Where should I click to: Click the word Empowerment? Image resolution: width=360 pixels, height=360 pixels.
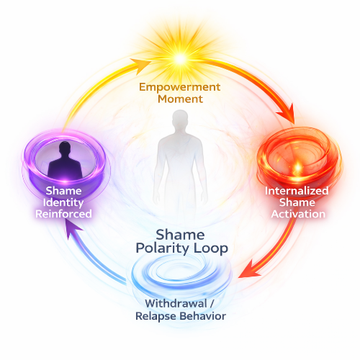(179, 87)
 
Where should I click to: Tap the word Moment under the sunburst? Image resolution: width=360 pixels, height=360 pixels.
(180, 99)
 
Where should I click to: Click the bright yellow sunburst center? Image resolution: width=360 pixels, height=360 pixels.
(180, 58)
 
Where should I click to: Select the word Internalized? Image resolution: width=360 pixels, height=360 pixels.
(297, 191)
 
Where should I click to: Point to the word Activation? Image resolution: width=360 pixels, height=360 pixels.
(298, 214)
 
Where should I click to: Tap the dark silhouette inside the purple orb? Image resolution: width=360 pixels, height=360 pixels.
(65, 160)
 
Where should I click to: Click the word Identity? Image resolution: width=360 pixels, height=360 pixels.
(63, 203)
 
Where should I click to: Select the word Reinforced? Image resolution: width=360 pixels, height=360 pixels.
(63, 214)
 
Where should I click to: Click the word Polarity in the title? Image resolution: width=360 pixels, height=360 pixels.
(162, 248)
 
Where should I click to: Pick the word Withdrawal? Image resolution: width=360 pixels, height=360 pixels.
(176, 304)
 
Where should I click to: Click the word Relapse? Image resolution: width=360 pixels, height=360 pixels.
(156, 316)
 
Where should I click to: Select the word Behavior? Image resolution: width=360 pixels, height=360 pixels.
(203, 316)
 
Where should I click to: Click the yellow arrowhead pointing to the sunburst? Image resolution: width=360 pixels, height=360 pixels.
(140, 66)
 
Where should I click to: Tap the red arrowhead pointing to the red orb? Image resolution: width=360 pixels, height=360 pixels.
(287, 114)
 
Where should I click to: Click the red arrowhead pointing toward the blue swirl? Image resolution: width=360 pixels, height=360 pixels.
(250, 270)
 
